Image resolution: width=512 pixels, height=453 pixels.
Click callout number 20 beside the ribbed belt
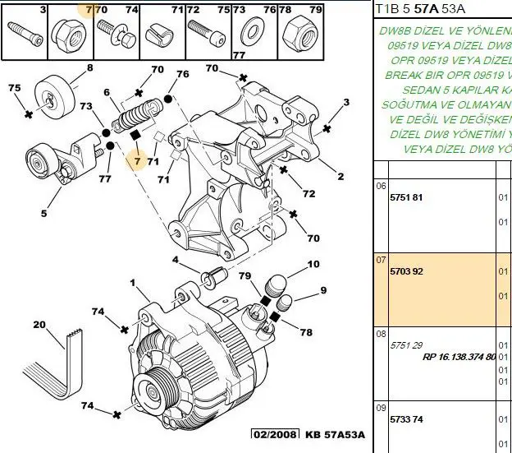[x=39, y=325]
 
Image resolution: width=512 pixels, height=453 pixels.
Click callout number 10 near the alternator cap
[x=313, y=265]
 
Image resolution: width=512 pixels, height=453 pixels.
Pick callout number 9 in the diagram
[x=323, y=290]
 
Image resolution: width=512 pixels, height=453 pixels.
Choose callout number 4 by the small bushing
[x=175, y=261]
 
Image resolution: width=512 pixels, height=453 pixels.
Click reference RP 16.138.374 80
[x=459, y=357]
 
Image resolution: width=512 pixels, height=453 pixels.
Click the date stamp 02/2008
[x=275, y=434]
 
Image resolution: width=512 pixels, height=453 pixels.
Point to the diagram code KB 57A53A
[x=334, y=434]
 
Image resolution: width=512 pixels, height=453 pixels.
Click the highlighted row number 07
[x=381, y=260]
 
